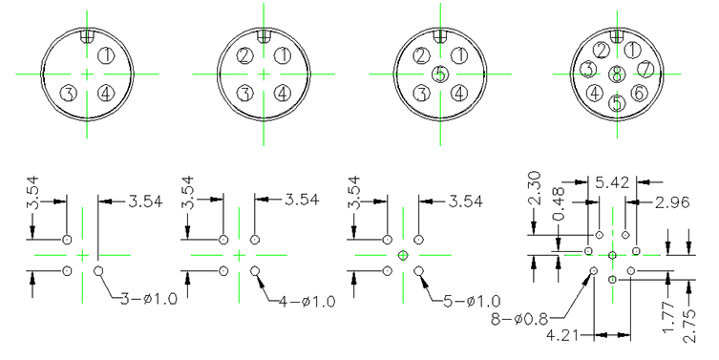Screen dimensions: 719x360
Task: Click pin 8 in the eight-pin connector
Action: click(x=617, y=74)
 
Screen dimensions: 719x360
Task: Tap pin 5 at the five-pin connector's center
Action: click(x=440, y=74)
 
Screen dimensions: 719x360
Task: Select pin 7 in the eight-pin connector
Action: click(x=645, y=70)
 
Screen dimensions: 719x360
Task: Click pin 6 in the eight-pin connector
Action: click(x=639, y=93)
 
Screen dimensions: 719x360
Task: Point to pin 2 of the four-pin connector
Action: click(x=244, y=56)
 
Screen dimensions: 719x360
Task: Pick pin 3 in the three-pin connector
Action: click(x=69, y=94)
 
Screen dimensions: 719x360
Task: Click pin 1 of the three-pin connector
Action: click(x=106, y=56)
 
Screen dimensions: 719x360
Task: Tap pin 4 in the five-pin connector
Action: click(x=459, y=94)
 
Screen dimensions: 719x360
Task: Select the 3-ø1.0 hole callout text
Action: click(x=149, y=299)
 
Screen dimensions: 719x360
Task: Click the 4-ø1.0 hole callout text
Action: click(x=307, y=302)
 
